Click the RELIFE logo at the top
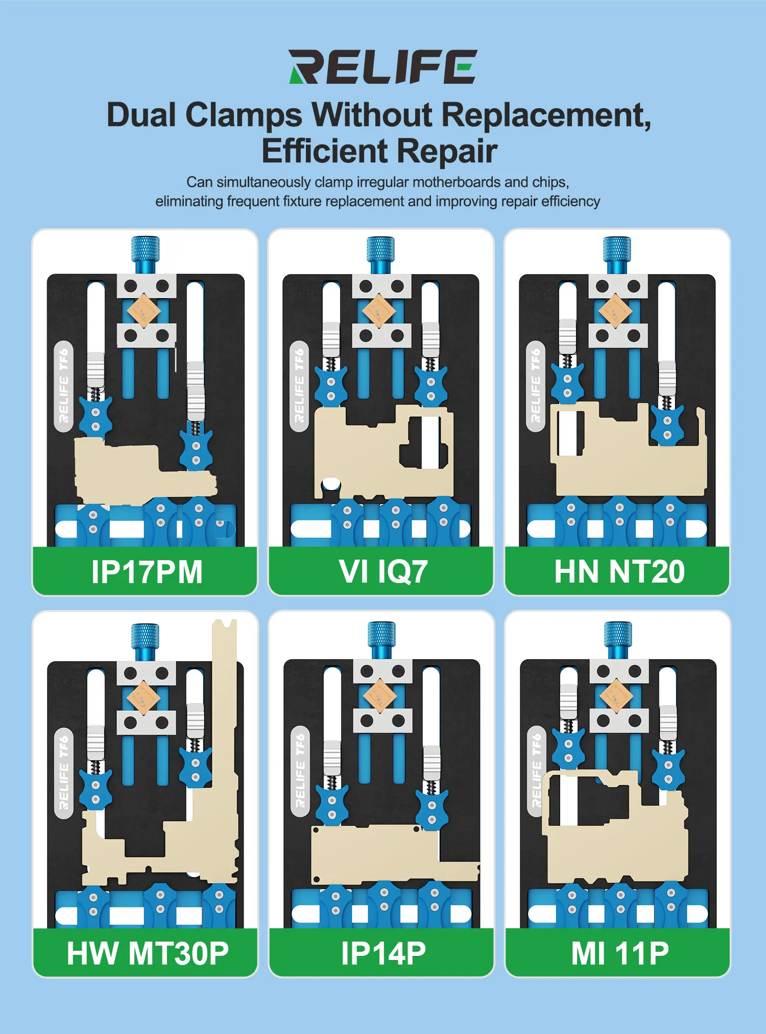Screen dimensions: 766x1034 click(x=382, y=67)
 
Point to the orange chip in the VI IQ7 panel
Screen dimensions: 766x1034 click(x=379, y=310)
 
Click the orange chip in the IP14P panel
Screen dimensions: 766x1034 click(x=379, y=695)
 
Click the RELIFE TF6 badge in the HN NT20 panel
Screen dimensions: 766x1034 click(x=536, y=386)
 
